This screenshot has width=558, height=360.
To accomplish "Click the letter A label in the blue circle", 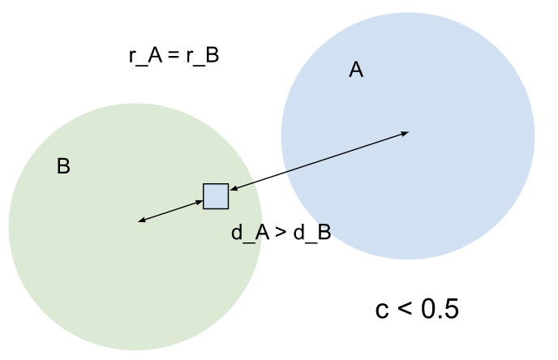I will point(356,71).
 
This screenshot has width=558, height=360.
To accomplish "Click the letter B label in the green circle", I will point(63,167).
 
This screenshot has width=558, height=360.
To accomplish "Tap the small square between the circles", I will point(216,196).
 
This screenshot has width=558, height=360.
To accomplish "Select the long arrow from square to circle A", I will point(319,162).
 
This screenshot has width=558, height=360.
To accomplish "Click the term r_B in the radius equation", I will point(202,57).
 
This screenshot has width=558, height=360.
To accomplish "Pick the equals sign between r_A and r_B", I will point(174,57).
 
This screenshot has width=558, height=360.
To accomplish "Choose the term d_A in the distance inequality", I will point(249,233).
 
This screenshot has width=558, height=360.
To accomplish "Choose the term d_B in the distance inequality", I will point(312,233).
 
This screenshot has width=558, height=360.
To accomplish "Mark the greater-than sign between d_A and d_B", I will point(281,233).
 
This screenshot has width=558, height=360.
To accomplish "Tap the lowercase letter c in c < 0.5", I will point(382,310).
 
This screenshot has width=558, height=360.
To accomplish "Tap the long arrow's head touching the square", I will point(234,190).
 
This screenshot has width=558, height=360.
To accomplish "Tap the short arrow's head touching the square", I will point(199,203).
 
